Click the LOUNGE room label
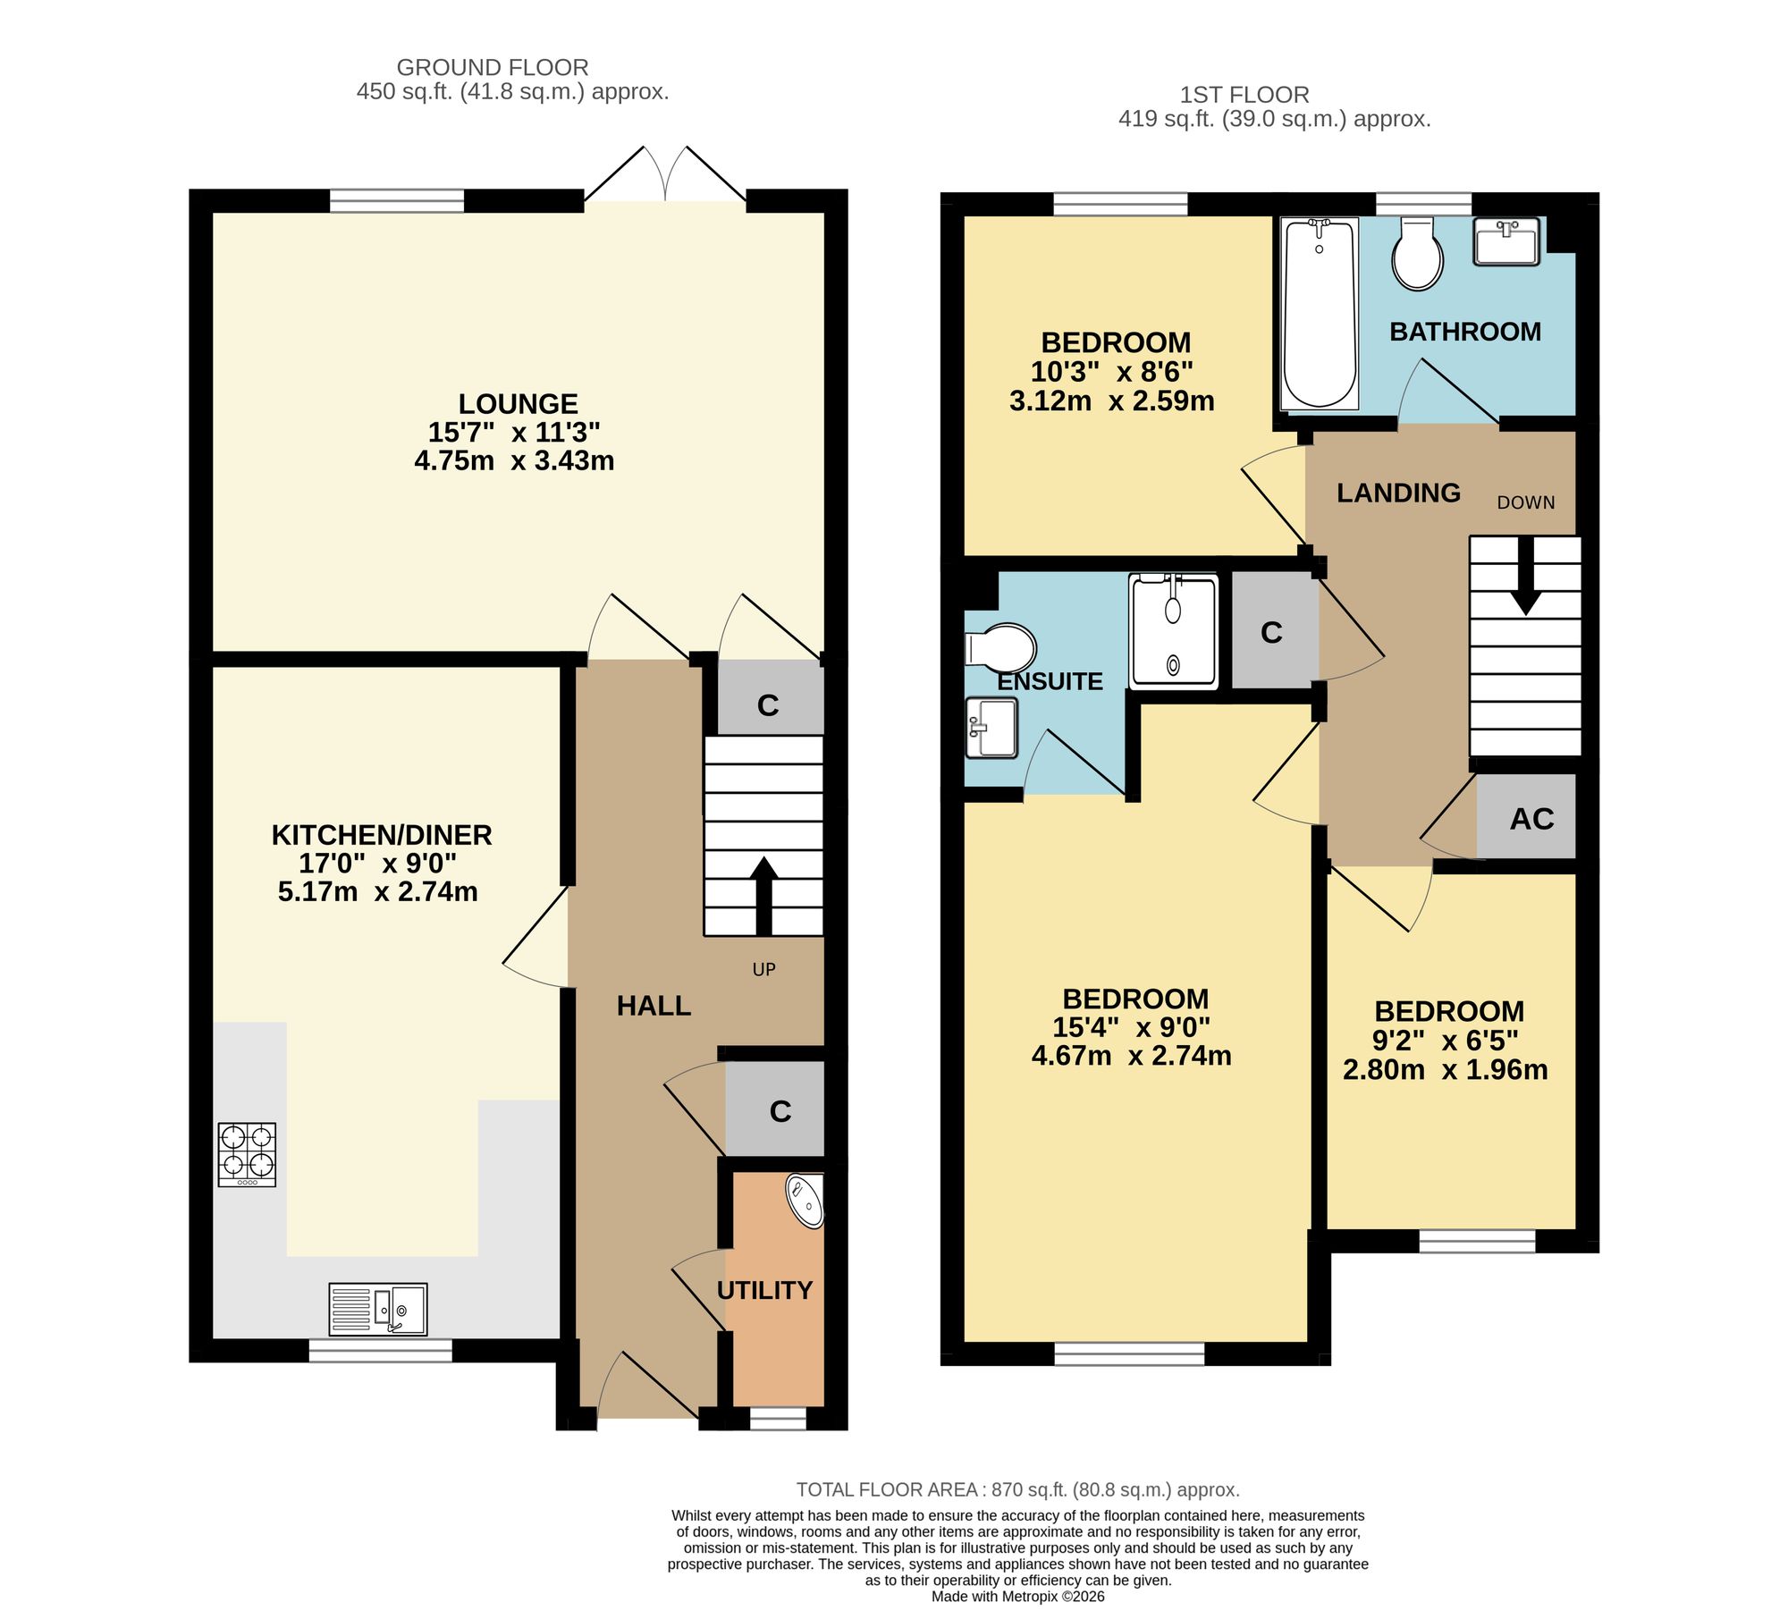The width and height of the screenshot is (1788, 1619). [x=519, y=404]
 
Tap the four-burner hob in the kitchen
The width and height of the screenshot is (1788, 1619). [x=247, y=1155]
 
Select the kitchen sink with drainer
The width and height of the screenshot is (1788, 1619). [x=377, y=1309]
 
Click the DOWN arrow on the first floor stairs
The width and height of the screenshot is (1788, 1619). [x=1524, y=576]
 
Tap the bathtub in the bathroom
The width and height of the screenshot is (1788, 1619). [x=1320, y=314]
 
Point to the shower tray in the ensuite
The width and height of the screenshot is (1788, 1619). [x=1173, y=631]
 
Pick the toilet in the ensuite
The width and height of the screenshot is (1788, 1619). [x=1000, y=647]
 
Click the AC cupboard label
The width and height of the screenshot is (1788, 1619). [x=1531, y=819]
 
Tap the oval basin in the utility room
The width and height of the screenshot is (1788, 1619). [x=805, y=1202]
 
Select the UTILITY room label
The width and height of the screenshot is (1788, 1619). [x=764, y=1290]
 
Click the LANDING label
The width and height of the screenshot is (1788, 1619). [x=1398, y=493]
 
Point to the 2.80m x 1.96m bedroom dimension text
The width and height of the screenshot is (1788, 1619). [x=1445, y=1069]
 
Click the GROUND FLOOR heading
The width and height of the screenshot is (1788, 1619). [x=493, y=67]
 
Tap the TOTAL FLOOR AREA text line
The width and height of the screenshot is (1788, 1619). [x=1017, y=1489]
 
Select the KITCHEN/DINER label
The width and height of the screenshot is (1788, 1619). [x=382, y=835]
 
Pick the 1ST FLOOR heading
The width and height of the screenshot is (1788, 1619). [x=1244, y=95]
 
